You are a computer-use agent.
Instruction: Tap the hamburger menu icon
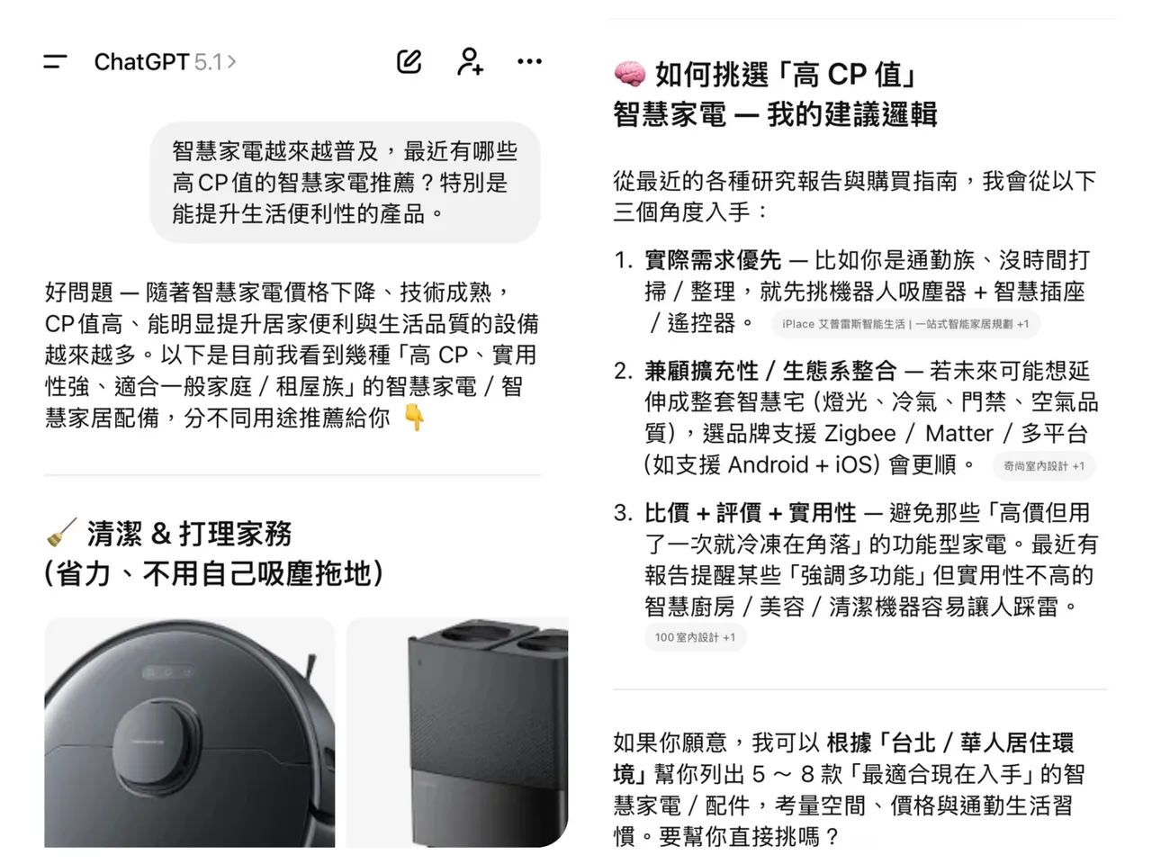point(55,62)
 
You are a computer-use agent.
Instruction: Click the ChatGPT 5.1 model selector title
point(164,62)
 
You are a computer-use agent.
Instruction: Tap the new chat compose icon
point(409,61)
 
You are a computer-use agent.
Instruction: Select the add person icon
point(470,61)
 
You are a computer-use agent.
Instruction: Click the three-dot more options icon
point(529,61)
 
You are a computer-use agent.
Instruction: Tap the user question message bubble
point(345,183)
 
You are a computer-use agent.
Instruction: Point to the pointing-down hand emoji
point(414,418)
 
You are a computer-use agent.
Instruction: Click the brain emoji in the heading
point(629,74)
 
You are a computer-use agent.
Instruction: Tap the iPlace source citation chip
point(904,324)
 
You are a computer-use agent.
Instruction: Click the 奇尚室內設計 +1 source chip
point(1044,466)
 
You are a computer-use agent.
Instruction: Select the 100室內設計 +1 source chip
point(695,637)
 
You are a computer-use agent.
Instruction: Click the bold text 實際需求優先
point(712,261)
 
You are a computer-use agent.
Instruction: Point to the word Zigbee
point(859,434)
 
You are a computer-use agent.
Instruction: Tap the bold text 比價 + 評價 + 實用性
point(750,513)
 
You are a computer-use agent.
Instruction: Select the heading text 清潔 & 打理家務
point(189,535)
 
